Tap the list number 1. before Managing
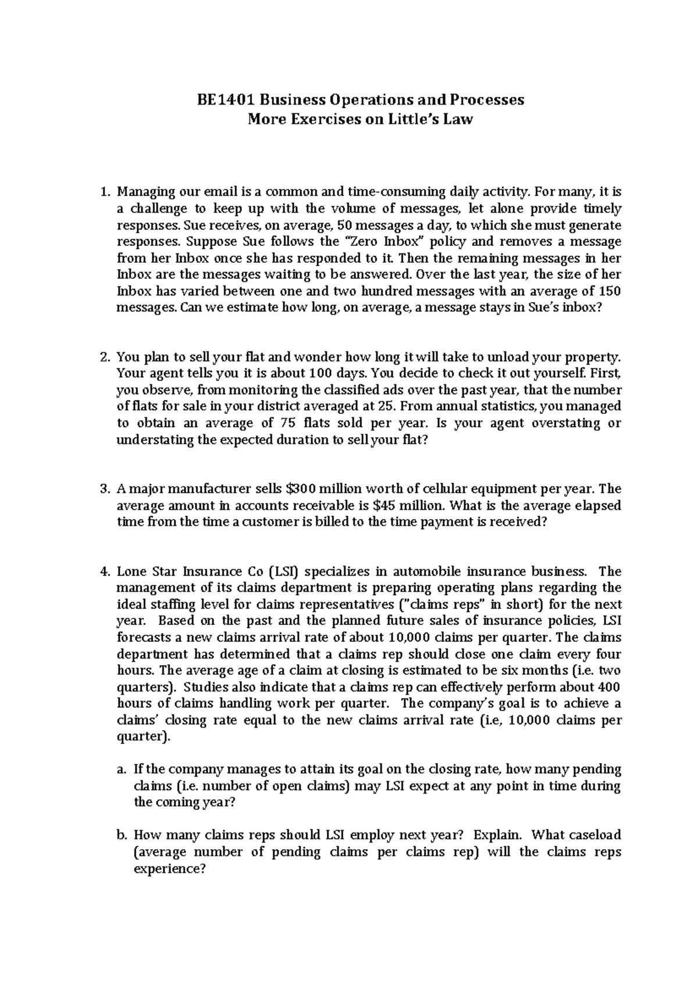(x=105, y=192)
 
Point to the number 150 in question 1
(x=610, y=291)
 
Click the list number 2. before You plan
(x=105, y=357)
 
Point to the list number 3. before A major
(x=105, y=489)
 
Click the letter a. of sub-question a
(x=122, y=770)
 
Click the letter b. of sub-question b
(x=122, y=835)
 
